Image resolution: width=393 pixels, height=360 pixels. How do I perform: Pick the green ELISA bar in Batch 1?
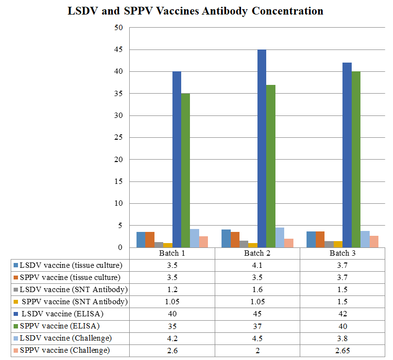pos(186,170)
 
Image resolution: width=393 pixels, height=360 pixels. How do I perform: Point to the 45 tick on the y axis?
pos(119,49)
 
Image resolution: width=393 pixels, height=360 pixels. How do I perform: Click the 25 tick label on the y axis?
pos(119,138)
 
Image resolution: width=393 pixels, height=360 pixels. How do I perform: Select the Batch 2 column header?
pos(257,253)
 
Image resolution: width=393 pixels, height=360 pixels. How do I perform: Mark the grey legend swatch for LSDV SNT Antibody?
pos(16,290)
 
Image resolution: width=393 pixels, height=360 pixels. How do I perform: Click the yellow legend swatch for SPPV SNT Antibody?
pos(16,302)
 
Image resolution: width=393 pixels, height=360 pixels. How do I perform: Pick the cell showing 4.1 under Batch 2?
pos(257,265)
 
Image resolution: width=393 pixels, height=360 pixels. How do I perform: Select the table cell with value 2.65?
pos(342,350)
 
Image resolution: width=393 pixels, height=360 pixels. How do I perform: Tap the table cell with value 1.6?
pos(257,289)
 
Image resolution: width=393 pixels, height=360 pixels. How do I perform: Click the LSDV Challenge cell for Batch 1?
pos(172,338)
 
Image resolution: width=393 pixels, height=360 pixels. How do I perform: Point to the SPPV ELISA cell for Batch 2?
pos(257,326)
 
